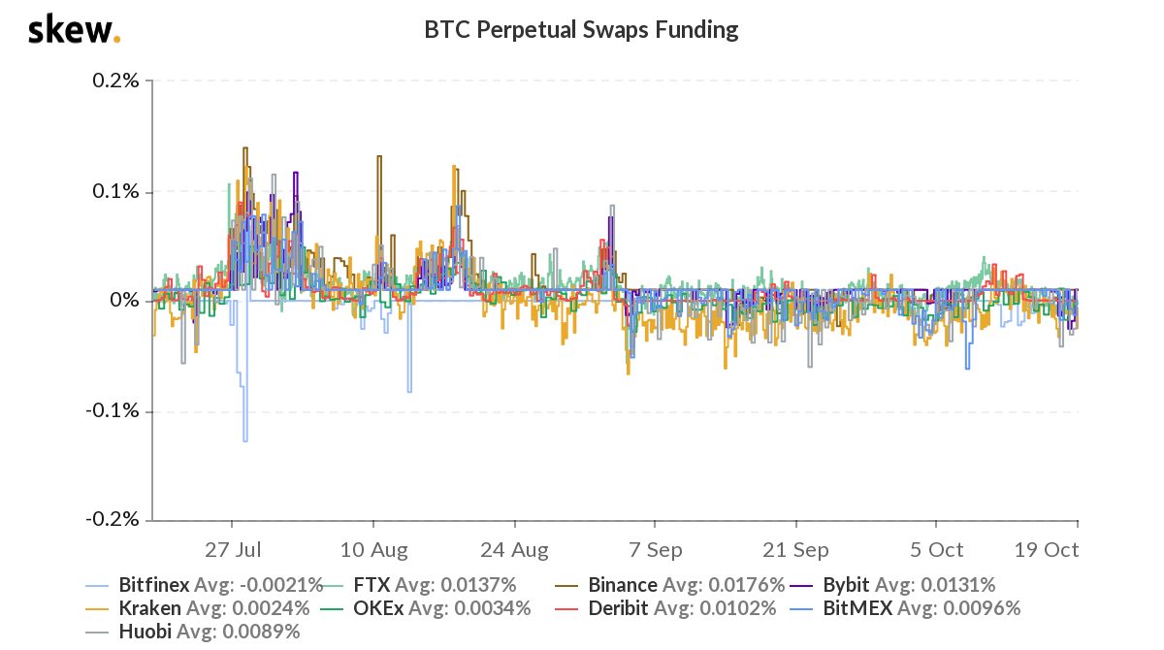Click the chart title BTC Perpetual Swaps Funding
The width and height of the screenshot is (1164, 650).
click(x=581, y=30)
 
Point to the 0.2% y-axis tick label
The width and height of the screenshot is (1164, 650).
click(x=114, y=81)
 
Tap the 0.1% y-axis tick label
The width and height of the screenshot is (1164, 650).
click(x=114, y=191)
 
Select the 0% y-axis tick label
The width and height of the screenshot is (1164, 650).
click(x=123, y=301)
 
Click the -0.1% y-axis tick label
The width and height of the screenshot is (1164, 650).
click(x=112, y=410)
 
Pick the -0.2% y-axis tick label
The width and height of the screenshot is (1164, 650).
click(x=112, y=520)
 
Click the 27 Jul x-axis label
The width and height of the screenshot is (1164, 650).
click(x=233, y=550)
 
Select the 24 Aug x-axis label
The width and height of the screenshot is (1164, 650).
click(x=515, y=550)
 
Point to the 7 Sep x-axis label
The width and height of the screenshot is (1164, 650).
click(x=655, y=550)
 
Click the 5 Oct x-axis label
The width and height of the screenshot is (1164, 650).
click(x=936, y=550)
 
